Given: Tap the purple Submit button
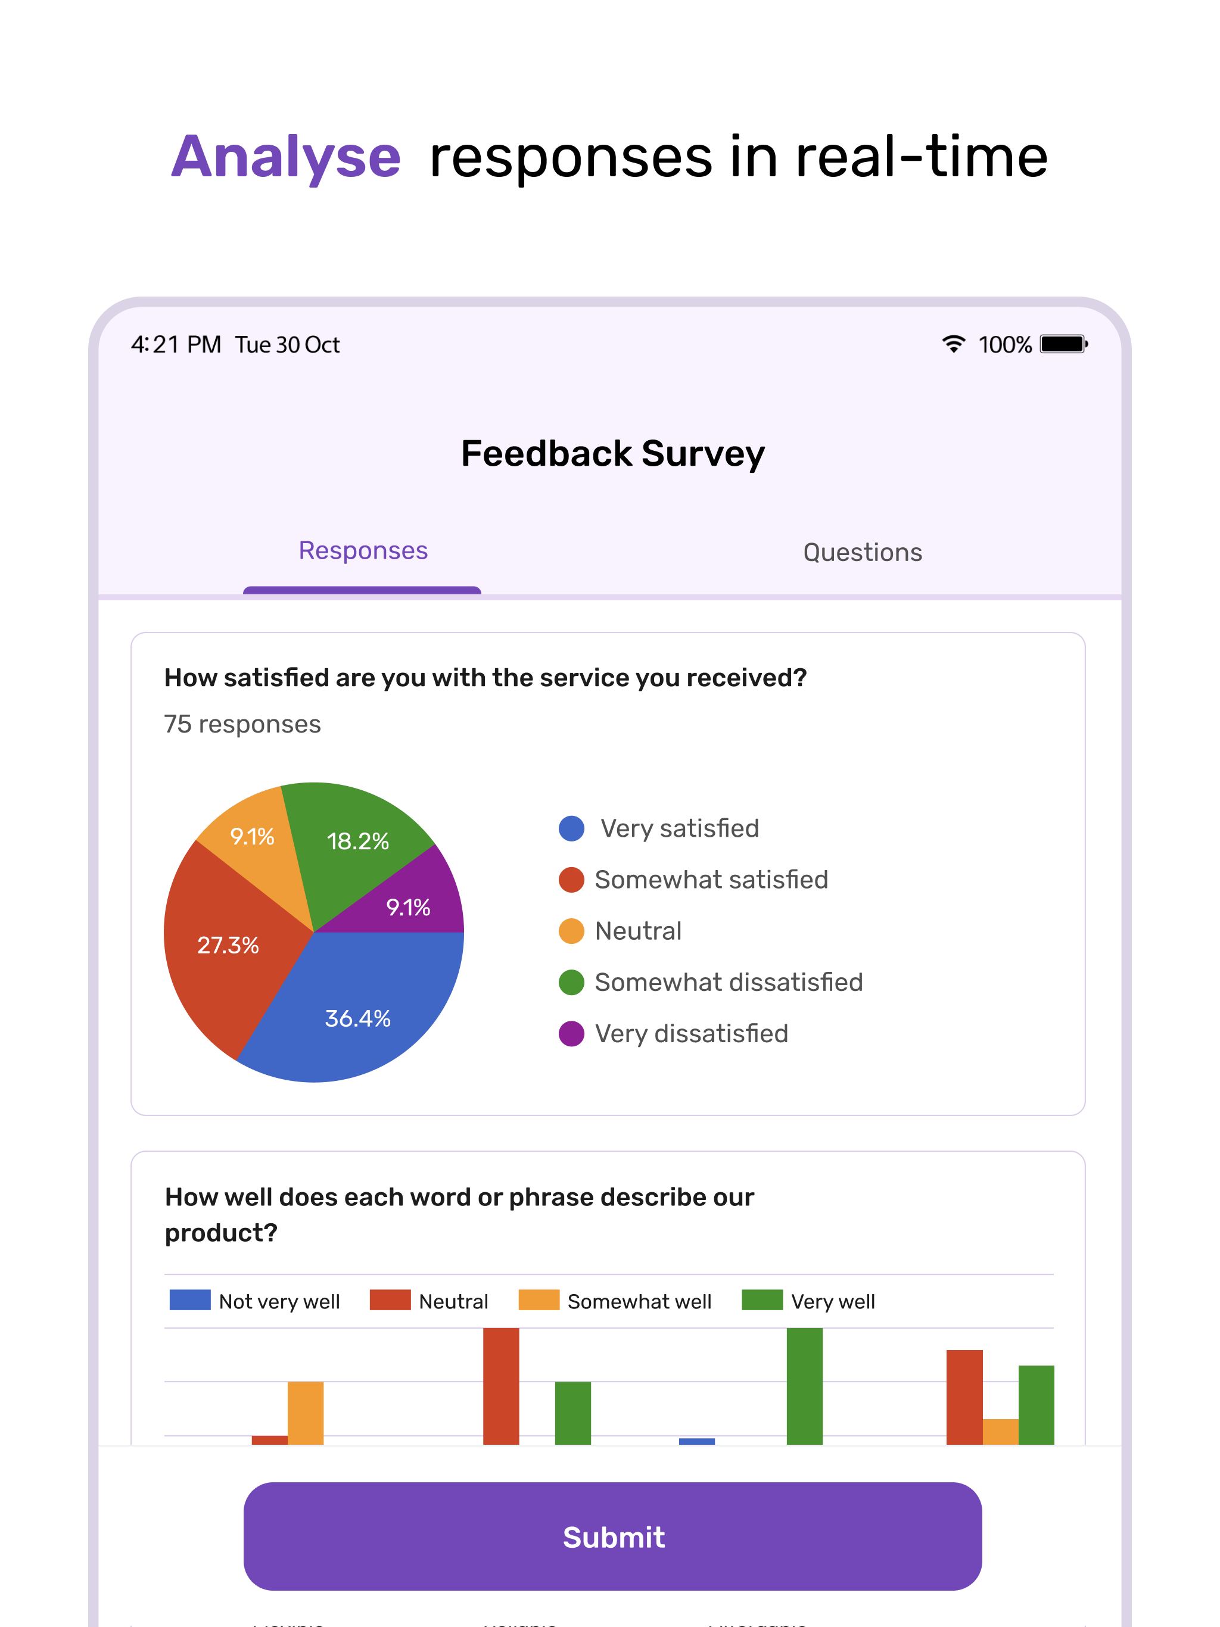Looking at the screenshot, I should [612, 1536].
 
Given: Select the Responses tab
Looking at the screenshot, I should [363, 551].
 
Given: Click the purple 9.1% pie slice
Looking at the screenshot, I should [409, 906].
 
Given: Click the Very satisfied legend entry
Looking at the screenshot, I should [679, 828].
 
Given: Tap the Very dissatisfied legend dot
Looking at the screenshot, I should [571, 1033].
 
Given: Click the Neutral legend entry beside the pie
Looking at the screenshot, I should [637, 931].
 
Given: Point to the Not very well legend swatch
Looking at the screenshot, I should [190, 1299].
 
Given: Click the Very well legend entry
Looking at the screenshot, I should [832, 1301].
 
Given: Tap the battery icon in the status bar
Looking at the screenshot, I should [1063, 344].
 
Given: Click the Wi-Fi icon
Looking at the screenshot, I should [954, 344].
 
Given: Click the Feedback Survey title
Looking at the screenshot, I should [612, 453].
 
